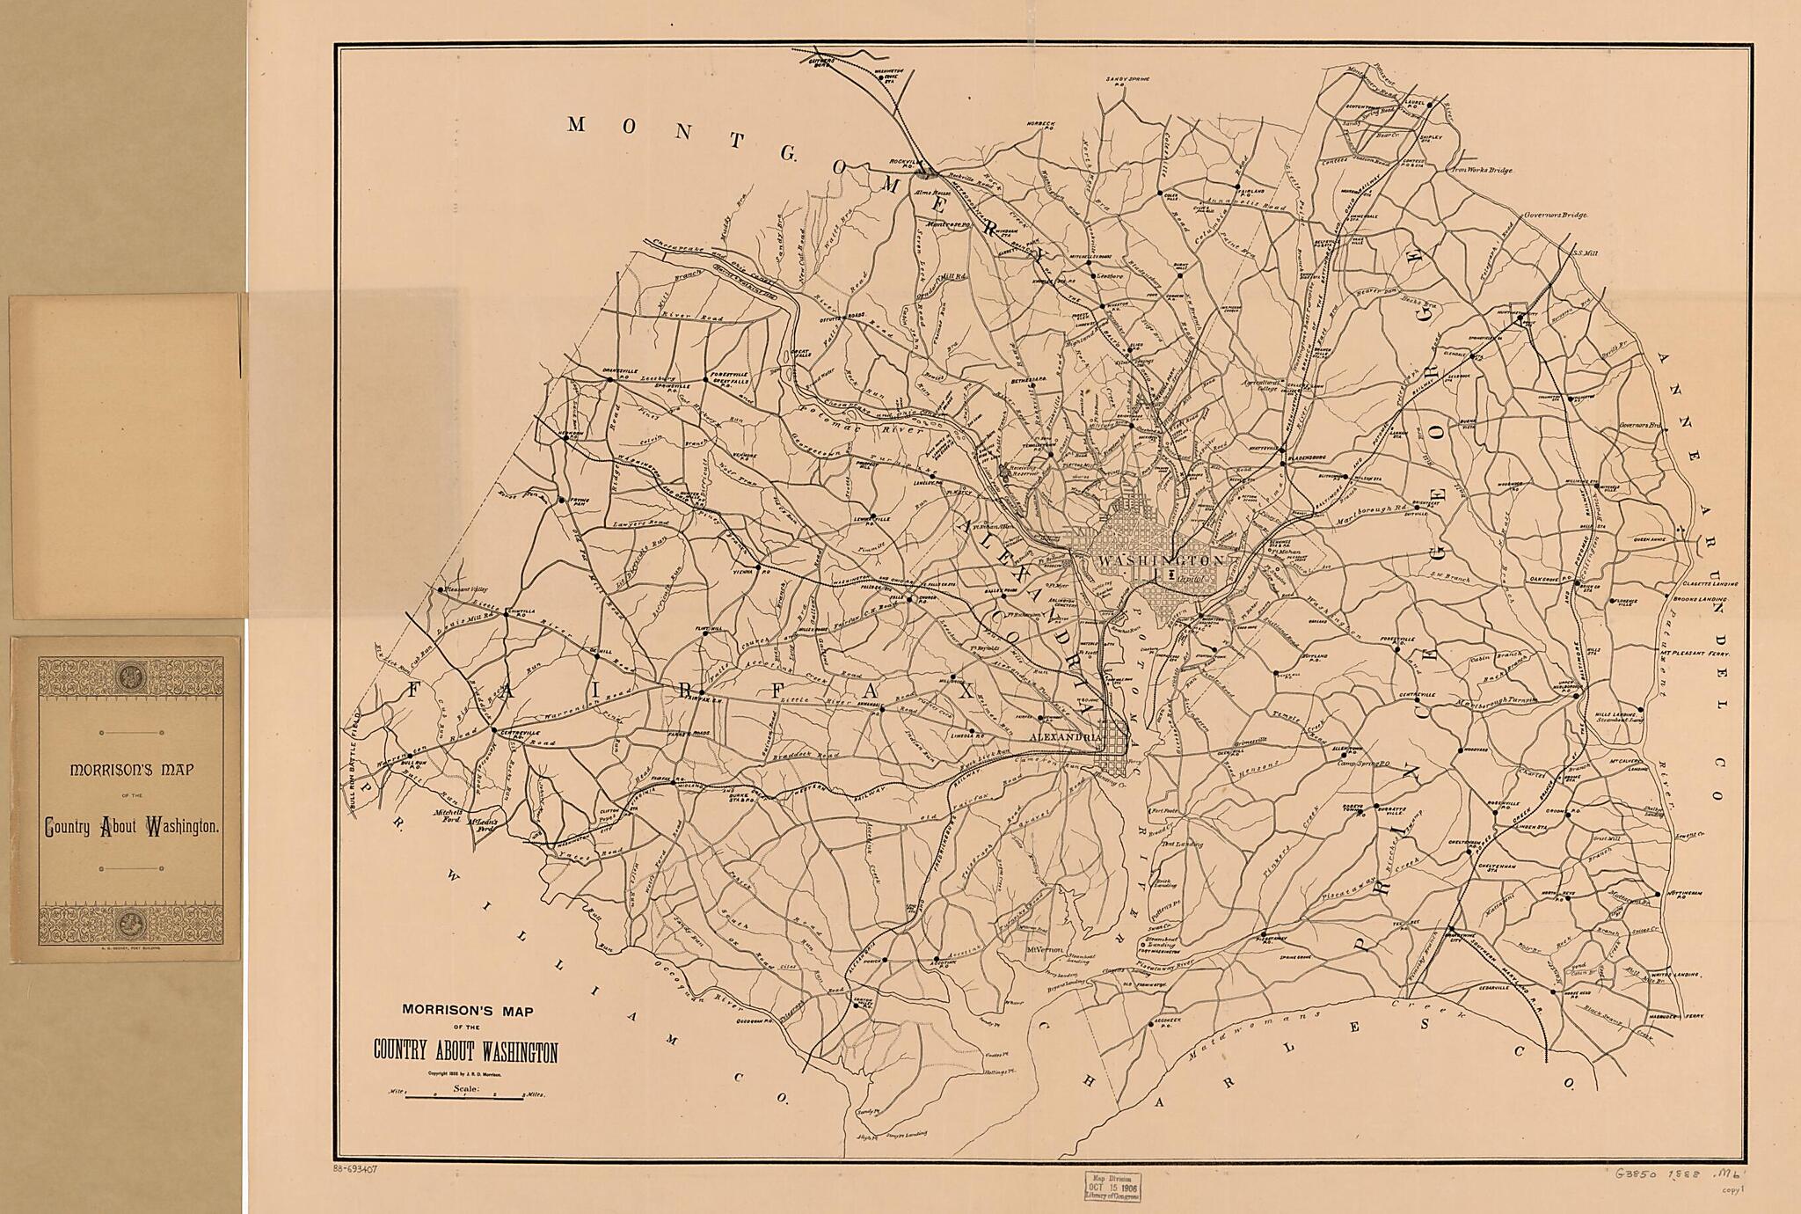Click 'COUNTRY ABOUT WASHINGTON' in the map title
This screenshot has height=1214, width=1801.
(465, 1051)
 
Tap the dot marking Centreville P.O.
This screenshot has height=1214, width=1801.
(492, 728)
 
